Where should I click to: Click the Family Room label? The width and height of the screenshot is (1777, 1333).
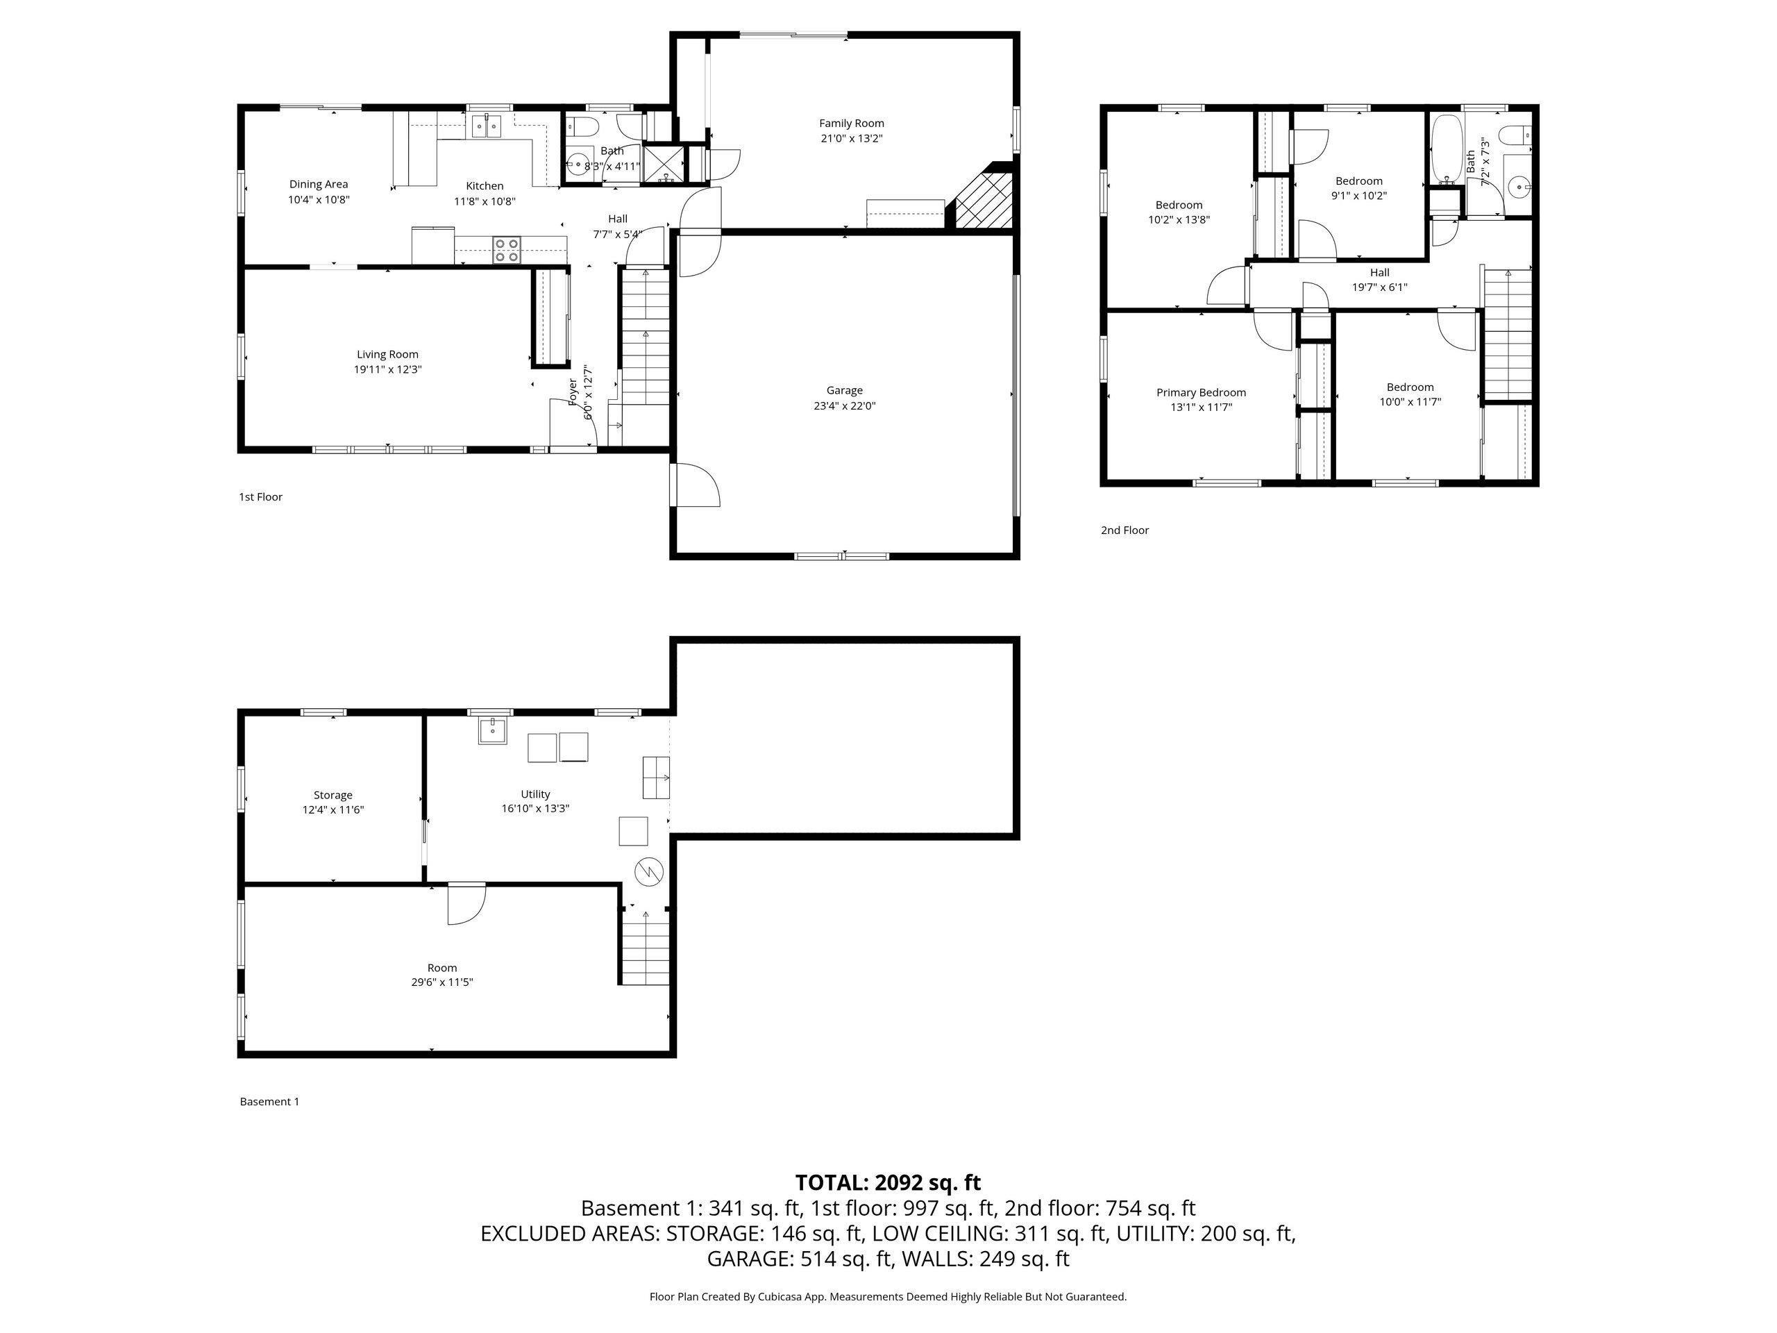[852, 123]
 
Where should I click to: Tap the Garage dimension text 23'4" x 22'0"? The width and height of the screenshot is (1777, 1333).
[844, 405]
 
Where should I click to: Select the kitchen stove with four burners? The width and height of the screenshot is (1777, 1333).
[506, 250]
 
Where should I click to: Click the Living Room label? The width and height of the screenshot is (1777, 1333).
[387, 354]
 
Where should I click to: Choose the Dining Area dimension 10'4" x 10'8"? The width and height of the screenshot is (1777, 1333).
[319, 199]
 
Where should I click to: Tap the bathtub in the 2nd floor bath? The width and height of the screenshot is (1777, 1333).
[1446, 149]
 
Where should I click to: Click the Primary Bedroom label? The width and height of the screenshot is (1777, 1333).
[1201, 392]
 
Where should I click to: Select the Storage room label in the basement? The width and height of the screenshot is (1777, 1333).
[332, 795]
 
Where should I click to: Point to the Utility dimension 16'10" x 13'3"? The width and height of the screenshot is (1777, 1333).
[535, 808]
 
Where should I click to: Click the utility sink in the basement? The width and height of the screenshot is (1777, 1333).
[492, 731]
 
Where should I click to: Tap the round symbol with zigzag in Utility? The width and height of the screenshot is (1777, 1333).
[648, 871]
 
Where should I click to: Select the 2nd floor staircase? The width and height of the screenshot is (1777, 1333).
[1508, 333]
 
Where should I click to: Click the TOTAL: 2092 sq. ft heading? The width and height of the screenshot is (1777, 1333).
[888, 1183]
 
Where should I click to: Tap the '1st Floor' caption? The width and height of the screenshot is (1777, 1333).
[260, 496]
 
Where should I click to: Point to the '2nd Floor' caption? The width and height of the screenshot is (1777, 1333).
[1125, 530]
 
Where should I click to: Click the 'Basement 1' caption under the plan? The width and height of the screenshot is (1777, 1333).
[269, 1102]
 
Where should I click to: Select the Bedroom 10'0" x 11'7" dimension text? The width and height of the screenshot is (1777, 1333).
[1410, 402]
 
